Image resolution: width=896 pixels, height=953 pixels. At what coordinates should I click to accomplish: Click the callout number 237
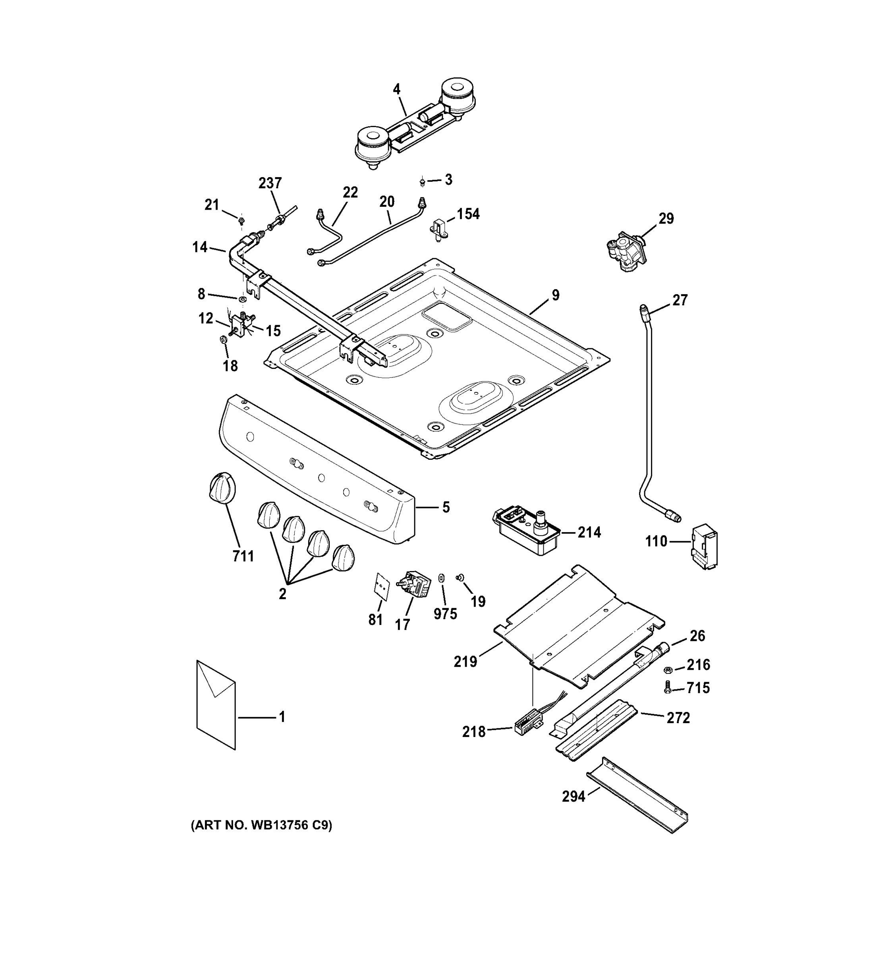270,183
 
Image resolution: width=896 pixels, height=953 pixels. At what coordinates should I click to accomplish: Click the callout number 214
589,532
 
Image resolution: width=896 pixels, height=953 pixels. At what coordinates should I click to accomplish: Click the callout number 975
445,613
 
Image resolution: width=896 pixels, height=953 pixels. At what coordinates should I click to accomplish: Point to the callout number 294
574,797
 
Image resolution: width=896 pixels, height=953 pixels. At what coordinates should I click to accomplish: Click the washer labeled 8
242,300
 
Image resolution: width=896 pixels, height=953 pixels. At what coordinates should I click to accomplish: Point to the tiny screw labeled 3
422,182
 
